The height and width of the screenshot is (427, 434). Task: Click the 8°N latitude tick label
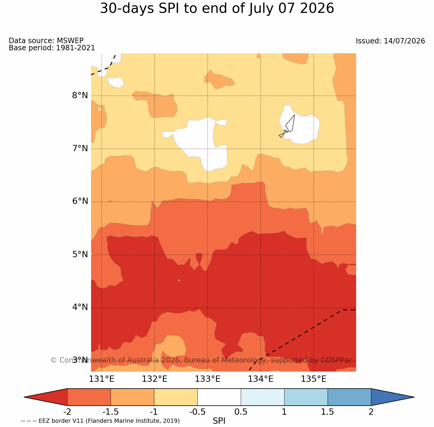click(80, 96)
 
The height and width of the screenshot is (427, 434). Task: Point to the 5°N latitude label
click(80, 254)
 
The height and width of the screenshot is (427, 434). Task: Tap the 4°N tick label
click(80, 307)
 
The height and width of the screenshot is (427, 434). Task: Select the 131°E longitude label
click(102, 379)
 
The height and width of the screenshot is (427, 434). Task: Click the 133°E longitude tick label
click(208, 379)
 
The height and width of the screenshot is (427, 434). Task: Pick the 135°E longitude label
click(314, 379)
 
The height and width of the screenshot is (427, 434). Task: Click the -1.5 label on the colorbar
click(110, 412)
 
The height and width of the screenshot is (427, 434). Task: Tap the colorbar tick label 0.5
click(241, 412)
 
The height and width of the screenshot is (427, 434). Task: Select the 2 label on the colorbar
click(371, 412)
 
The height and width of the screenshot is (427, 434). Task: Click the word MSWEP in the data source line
click(70, 40)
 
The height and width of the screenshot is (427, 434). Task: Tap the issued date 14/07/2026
click(404, 41)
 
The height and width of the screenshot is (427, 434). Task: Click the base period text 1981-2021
click(75, 48)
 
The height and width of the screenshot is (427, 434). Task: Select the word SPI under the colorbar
click(219, 421)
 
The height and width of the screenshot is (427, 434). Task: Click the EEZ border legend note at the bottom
click(100, 421)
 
